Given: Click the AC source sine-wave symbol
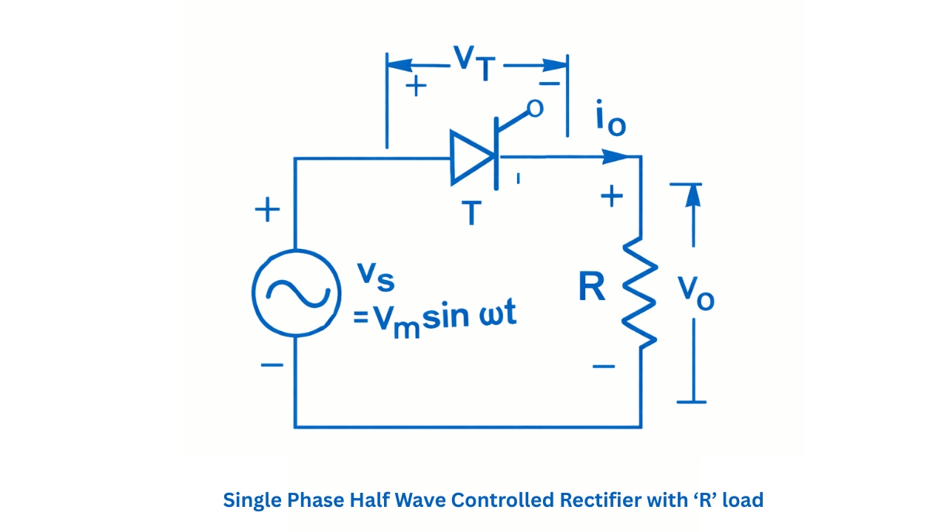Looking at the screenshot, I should [296, 293].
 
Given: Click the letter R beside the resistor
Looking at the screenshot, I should [592, 288].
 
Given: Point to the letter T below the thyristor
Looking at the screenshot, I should [471, 213].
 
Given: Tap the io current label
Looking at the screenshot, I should [610, 122].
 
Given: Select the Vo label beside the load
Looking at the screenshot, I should [696, 293].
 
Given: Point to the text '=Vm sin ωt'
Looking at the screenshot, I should [434, 318].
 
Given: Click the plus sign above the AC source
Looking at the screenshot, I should [267, 211].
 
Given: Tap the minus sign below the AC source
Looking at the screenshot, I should [272, 364].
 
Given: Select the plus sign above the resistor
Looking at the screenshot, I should [611, 196].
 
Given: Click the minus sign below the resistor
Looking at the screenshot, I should [604, 365].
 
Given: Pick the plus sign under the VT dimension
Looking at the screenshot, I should [417, 86].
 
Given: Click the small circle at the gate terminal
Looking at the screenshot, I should [535, 109].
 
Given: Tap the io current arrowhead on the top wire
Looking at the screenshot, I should [616, 157].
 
